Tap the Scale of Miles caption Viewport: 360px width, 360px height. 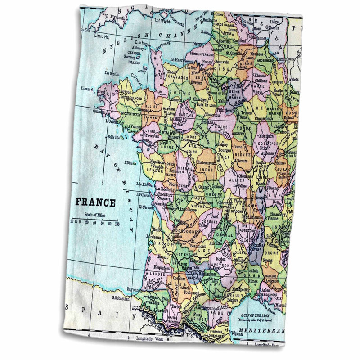pyautogui.click(x=95, y=214)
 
